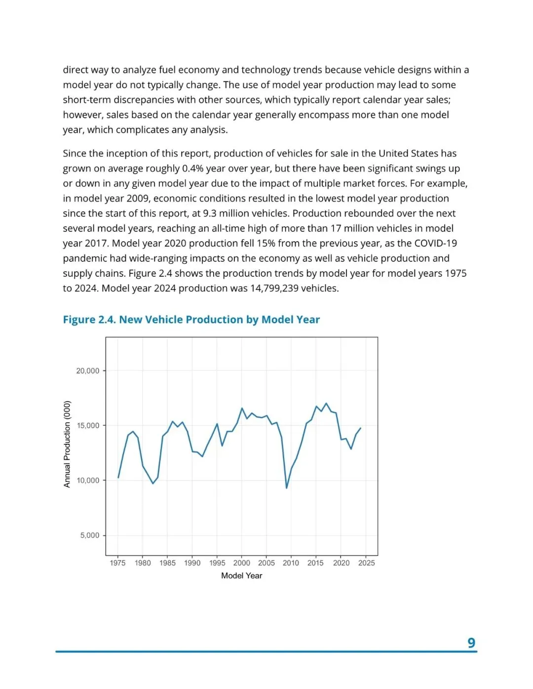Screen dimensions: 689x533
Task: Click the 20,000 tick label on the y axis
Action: pyautogui.click(x=87, y=371)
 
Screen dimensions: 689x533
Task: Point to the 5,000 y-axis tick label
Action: pyautogui.click(x=89, y=536)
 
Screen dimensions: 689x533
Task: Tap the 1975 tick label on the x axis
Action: pyautogui.click(x=117, y=563)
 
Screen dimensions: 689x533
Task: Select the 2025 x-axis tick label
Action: pyautogui.click(x=366, y=563)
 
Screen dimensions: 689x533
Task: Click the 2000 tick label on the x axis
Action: pyautogui.click(x=241, y=563)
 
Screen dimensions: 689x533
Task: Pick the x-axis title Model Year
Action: pyautogui.click(x=241, y=576)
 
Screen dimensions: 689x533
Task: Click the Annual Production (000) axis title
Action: pyautogui.click(x=67, y=444)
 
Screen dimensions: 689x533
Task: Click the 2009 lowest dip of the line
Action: pyautogui.click(x=286, y=488)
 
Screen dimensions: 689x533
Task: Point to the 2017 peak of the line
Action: pyautogui.click(x=326, y=403)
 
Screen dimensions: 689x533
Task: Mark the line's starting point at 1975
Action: pyautogui.click(x=118, y=477)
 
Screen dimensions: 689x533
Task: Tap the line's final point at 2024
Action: pyautogui.click(x=361, y=428)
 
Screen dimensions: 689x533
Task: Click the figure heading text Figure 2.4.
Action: pyautogui.click(x=89, y=320)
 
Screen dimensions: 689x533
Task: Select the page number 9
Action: pyautogui.click(x=471, y=643)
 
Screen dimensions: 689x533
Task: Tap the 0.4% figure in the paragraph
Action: pyautogui.click(x=192, y=169)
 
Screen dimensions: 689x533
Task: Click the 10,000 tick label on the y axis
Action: pyautogui.click(x=87, y=481)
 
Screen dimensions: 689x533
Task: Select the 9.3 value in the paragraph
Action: pyautogui.click(x=211, y=214)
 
